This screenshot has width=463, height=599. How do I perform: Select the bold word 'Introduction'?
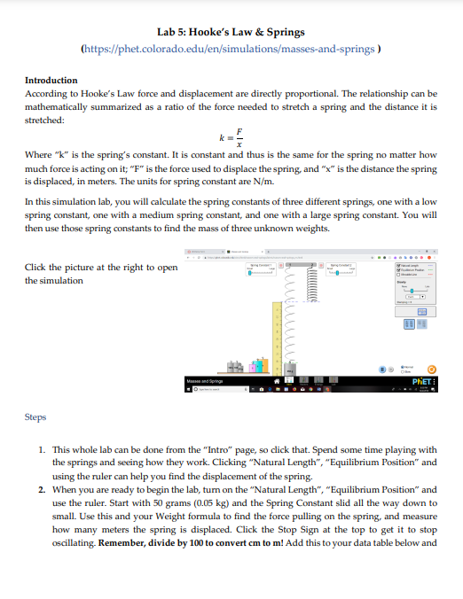coord(51,80)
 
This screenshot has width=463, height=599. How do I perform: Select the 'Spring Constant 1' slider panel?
coord(261,271)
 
